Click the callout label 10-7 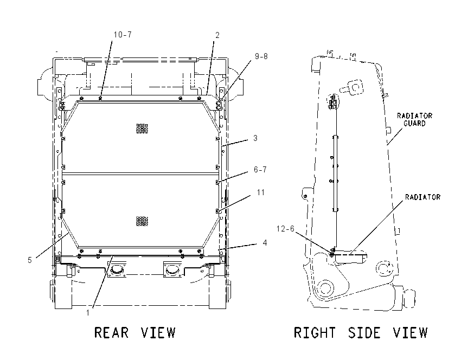point(123,35)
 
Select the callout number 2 point(217,35)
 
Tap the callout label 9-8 point(261,56)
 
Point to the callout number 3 point(255,138)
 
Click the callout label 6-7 point(260,170)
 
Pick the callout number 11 point(261,192)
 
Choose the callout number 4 point(265,243)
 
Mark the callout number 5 point(30,260)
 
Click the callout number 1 point(88,313)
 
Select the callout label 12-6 point(285,229)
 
